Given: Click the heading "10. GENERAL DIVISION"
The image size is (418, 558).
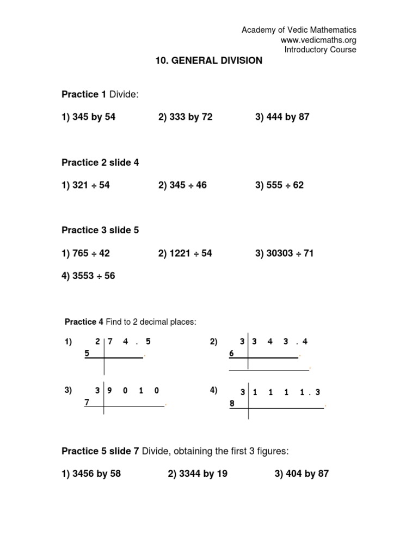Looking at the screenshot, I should click(x=209, y=60).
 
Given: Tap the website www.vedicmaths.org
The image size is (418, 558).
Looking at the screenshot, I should click(x=318, y=40).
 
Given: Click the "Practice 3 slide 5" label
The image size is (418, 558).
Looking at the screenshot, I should click(x=100, y=231).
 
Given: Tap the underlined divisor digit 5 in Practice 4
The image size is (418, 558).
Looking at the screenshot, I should click(x=87, y=354).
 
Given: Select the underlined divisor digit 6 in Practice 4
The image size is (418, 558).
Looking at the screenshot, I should click(x=231, y=354).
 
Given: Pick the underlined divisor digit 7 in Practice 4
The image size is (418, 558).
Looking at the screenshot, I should click(x=86, y=402).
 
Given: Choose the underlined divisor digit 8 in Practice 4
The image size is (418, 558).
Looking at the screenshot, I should click(x=231, y=404).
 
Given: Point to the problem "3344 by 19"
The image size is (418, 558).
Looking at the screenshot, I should click(x=198, y=474).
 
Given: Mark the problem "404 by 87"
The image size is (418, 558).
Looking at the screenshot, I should click(x=302, y=474).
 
